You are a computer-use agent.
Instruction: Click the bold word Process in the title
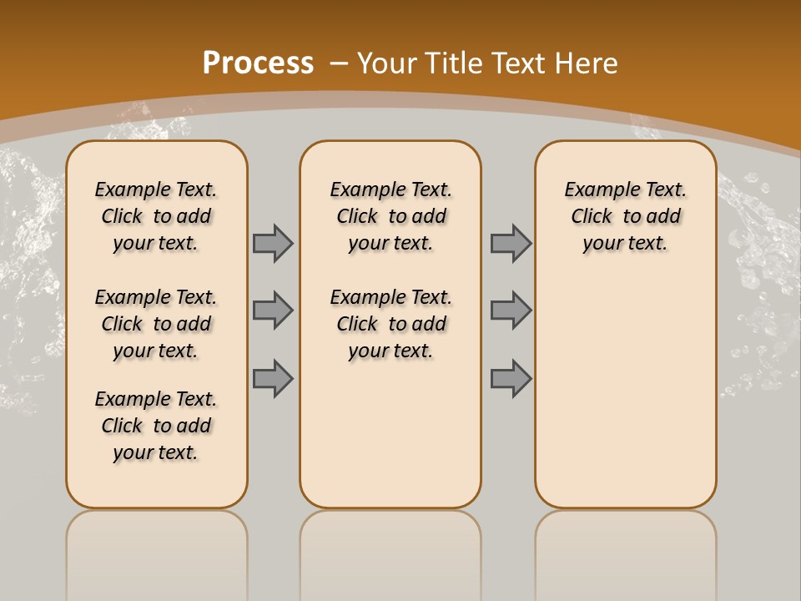[x=258, y=63]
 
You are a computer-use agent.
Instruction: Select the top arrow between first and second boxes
[x=273, y=243]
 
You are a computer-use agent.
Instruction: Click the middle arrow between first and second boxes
[x=273, y=311]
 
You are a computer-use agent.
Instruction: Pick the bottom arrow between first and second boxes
[x=273, y=378]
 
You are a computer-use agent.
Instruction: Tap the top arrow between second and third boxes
[x=511, y=243]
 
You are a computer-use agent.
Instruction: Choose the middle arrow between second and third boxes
[x=511, y=311]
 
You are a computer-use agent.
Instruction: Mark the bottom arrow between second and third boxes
[x=511, y=378]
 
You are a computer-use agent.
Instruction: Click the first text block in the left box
[x=156, y=216]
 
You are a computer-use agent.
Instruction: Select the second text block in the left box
[x=156, y=324]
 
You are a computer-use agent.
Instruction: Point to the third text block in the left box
[x=156, y=426]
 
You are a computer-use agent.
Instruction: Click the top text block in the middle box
[x=390, y=216]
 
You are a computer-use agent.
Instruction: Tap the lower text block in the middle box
[x=390, y=324]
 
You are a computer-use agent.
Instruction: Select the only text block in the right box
[x=625, y=216]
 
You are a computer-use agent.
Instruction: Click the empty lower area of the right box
[x=625, y=392]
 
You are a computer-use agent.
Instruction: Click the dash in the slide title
[x=340, y=63]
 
